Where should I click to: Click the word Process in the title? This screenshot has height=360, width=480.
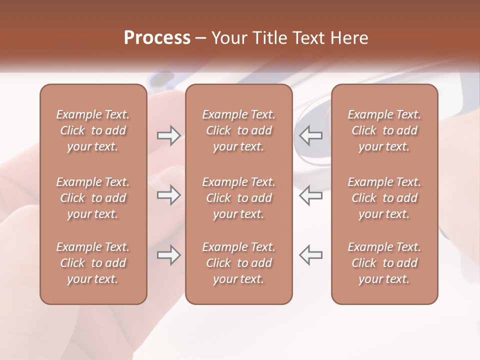pyautogui.click(x=157, y=38)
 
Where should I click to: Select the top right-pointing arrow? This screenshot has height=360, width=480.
pyautogui.click(x=168, y=135)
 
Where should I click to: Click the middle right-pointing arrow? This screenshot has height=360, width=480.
pyautogui.click(x=168, y=195)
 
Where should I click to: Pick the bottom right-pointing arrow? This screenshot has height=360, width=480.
pyautogui.click(x=168, y=255)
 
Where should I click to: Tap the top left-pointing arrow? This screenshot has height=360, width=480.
pyautogui.click(x=311, y=135)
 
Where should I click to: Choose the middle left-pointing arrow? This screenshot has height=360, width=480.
pyautogui.click(x=311, y=195)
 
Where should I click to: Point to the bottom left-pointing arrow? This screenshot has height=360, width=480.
pyautogui.click(x=311, y=255)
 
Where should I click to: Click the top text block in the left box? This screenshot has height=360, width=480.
pyautogui.click(x=93, y=130)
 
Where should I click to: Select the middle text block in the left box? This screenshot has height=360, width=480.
pyautogui.click(x=93, y=198)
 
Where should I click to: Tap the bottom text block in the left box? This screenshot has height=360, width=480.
pyautogui.click(x=93, y=263)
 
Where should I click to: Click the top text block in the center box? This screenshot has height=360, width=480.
pyautogui.click(x=238, y=130)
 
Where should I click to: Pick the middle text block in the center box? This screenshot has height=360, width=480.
pyautogui.click(x=238, y=198)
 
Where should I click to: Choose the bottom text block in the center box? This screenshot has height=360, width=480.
pyautogui.click(x=238, y=263)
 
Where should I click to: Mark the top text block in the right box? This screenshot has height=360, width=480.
pyautogui.click(x=384, y=130)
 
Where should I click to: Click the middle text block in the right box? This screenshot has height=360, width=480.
pyautogui.click(x=384, y=198)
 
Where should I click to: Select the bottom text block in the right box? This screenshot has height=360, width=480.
pyautogui.click(x=384, y=263)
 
